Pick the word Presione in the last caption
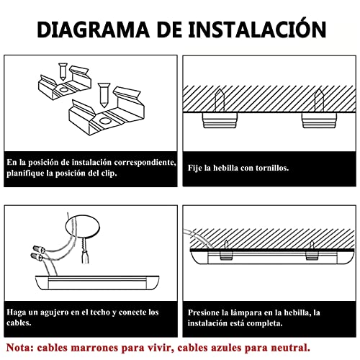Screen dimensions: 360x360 pos(209,312)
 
